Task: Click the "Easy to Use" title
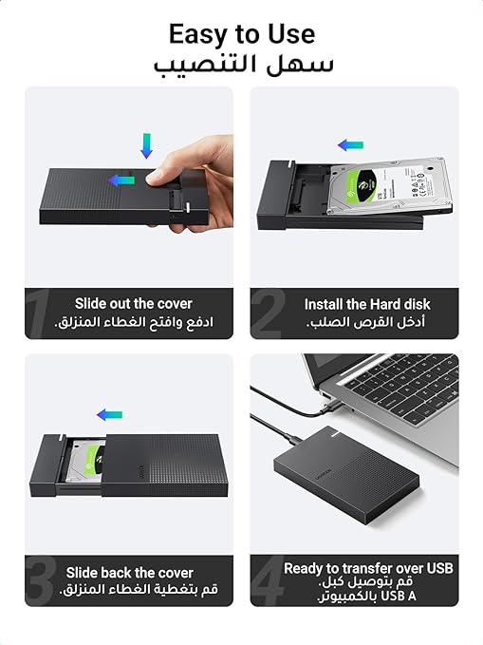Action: (242, 34)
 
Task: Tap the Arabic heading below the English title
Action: (243, 66)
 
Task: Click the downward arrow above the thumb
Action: (146, 145)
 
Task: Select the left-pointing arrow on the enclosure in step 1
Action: (121, 180)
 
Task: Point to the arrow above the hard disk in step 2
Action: (351, 144)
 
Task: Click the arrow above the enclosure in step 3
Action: (109, 414)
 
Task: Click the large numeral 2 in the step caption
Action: (268, 313)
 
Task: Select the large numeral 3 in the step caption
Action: (40, 580)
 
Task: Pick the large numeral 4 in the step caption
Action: (268, 580)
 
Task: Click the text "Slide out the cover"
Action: (134, 304)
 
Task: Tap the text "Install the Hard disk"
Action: (367, 304)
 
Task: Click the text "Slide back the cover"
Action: (129, 573)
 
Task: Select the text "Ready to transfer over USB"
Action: (368, 568)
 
